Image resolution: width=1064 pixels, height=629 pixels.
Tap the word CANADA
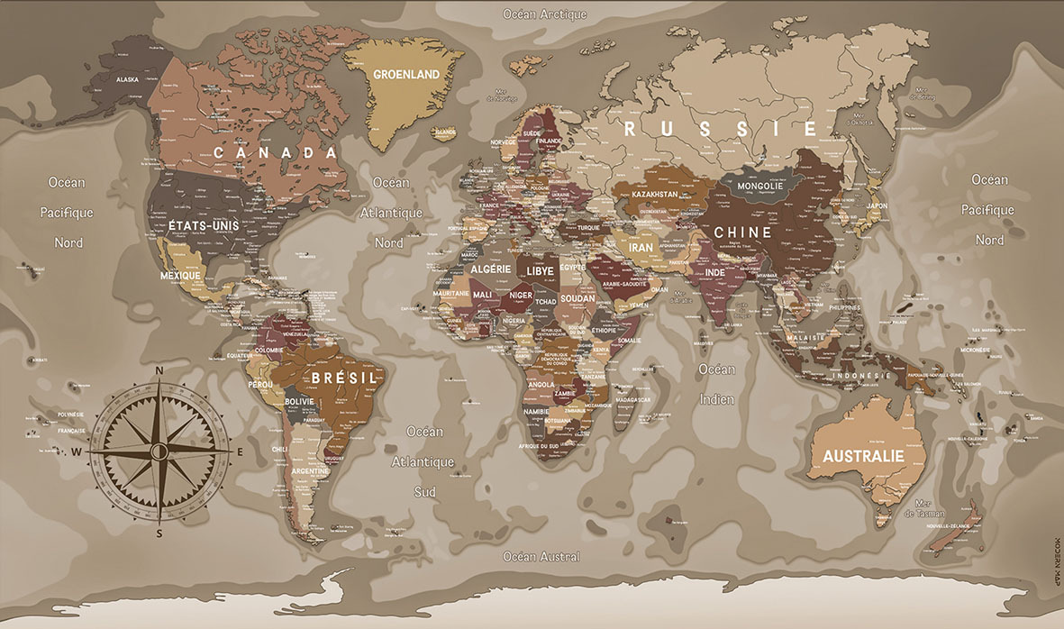(275, 153)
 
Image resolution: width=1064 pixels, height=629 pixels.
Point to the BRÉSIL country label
(343, 378)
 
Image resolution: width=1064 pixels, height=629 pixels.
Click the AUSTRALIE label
(861, 456)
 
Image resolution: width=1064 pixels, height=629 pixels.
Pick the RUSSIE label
(722, 129)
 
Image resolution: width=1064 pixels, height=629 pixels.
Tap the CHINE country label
(743, 232)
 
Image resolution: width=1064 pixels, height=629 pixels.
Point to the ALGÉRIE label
(491, 269)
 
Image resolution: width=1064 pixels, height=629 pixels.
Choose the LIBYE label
(541, 270)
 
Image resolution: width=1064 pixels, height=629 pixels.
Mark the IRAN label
(641, 247)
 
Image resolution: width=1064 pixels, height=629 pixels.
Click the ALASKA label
(127, 79)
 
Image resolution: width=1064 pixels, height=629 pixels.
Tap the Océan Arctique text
(545, 14)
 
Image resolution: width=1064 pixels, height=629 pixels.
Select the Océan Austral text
(541, 557)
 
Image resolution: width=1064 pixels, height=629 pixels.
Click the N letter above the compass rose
(159, 370)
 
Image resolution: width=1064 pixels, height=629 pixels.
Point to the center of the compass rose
(159, 450)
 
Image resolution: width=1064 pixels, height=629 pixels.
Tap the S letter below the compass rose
(159, 533)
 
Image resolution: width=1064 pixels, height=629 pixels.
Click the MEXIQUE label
(179, 275)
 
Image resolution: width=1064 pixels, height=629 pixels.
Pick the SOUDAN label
(577, 297)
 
